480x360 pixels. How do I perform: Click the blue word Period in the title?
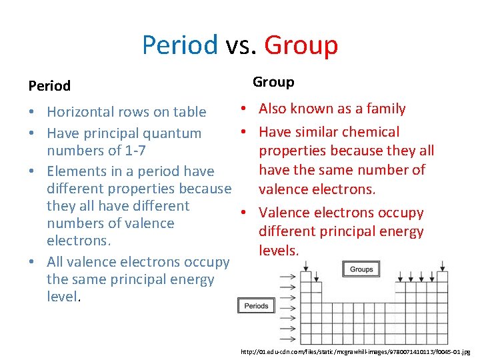tap(179, 45)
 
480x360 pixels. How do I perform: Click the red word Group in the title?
tap(301, 45)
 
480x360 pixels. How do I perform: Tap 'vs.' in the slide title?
tap(241, 45)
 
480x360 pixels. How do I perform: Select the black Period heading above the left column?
tap(49, 86)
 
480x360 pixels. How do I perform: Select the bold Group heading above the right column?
tap(273, 82)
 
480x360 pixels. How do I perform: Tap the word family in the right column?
tap(383, 109)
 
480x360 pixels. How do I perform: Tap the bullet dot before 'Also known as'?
tap(245, 109)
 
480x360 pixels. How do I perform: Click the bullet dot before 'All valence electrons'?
tap(33, 262)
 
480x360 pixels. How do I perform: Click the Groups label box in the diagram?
tap(361, 269)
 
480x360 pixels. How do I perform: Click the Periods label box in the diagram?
tap(256, 306)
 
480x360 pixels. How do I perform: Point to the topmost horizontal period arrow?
tap(288, 275)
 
